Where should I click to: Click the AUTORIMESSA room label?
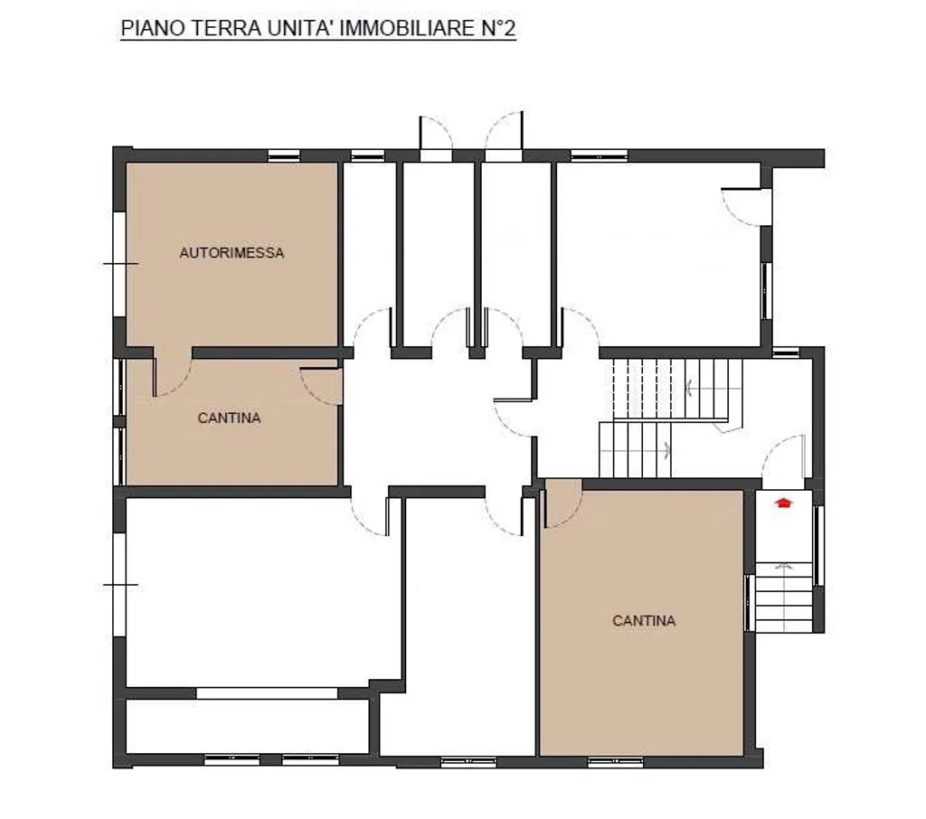click(x=231, y=253)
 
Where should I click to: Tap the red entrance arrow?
click(x=784, y=503)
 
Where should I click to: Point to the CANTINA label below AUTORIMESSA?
click(x=229, y=418)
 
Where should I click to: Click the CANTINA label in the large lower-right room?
click(x=644, y=621)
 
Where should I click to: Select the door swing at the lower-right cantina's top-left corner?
click(x=562, y=503)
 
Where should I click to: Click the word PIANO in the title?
click(x=152, y=28)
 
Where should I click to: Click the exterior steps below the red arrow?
click(x=784, y=597)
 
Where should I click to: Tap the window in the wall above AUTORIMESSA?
click(x=284, y=155)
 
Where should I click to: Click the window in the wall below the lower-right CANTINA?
click(x=615, y=762)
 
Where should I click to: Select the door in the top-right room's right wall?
click(x=746, y=207)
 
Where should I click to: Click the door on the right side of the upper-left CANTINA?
click(x=322, y=387)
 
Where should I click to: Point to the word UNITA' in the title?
click(x=300, y=28)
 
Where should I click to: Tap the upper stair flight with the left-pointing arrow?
click(x=677, y=389)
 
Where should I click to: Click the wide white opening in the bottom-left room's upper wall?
click(x=267, y=693)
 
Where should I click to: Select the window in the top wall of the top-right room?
click(x=599, y=156)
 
